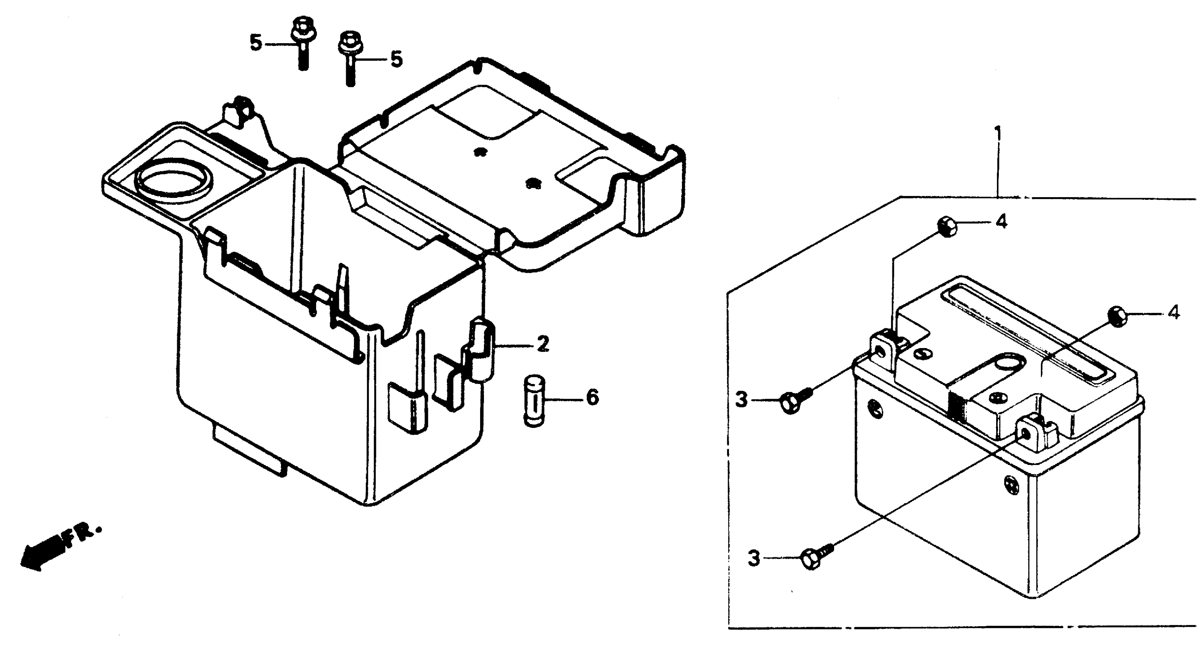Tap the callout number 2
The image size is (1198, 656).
pyautogui.click(x=542, y=345)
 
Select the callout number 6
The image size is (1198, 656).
pyautogui.click(x=592, y=398)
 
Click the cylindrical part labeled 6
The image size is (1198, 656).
pyautogui.click(x=533, y=399)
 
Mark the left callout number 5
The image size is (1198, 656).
pyautogui.click(x=256, y=43)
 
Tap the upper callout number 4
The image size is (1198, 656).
pyautogui.click(x=1001, y=222)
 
